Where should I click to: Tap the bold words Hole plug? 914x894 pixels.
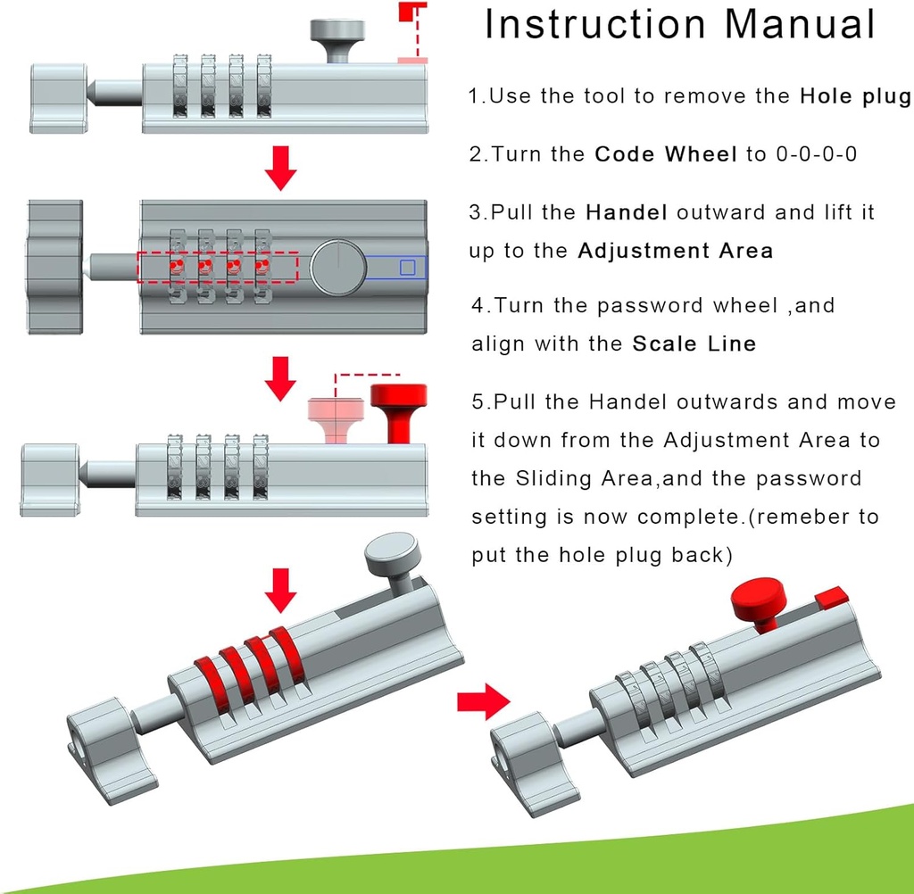point(855,96)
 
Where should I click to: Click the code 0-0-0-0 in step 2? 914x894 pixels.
point(817,154)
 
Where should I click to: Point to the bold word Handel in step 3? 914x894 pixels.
point(627,212)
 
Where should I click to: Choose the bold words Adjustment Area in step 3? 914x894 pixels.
point(675,251)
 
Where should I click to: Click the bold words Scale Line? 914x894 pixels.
point(694,344)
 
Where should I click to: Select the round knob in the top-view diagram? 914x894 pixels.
point(337,267)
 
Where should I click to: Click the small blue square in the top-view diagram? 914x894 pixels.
point(407,267)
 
